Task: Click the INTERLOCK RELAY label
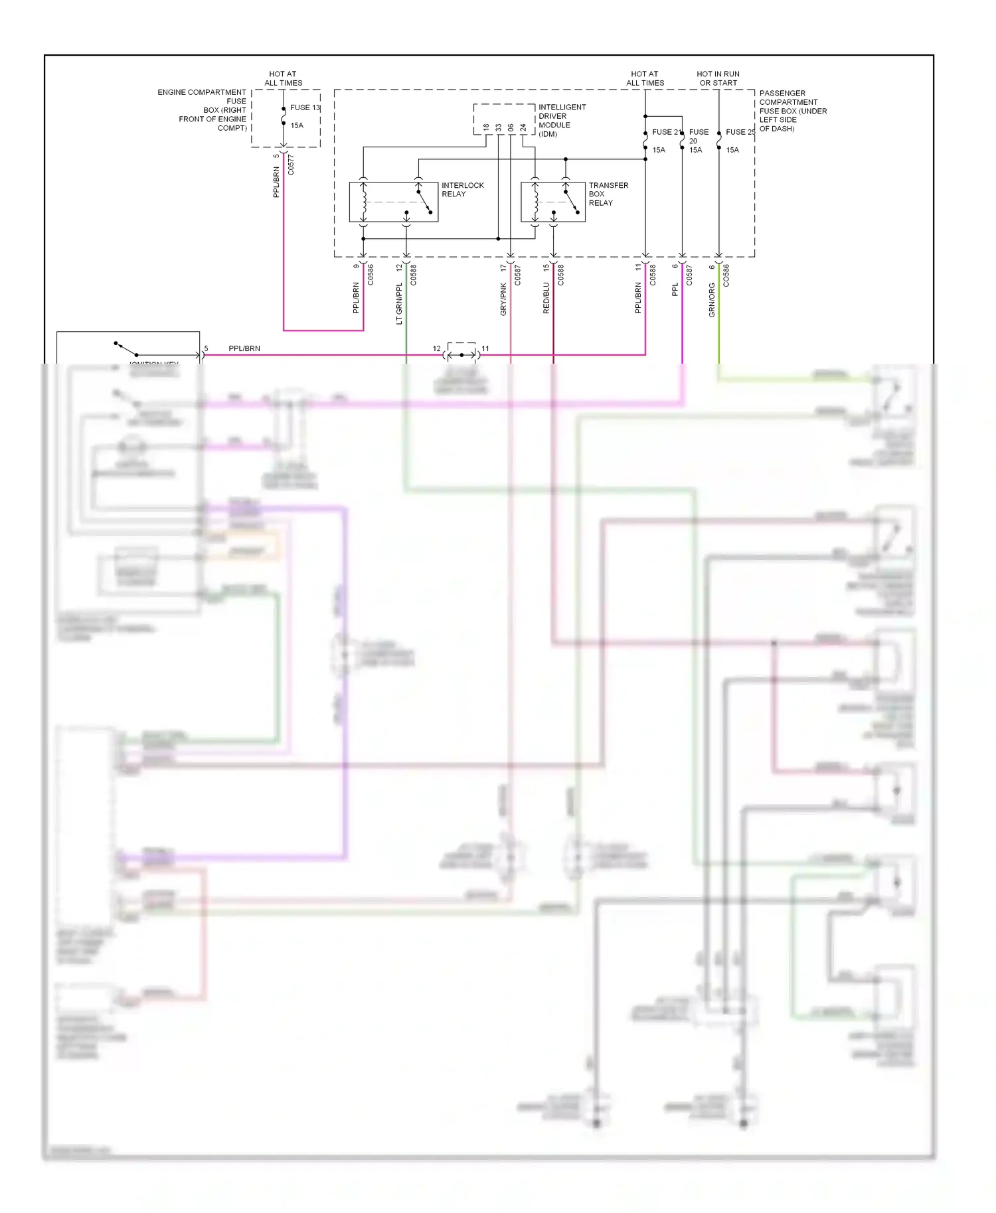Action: coord(462,190)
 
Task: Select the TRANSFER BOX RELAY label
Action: coord(608,194)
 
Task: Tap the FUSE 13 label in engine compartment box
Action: coord(305,107)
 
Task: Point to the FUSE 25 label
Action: coord(740,132)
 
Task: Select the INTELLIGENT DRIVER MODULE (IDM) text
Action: coord(562,120)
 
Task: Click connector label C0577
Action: coord(291,165)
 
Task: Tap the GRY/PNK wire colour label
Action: coord(503,299)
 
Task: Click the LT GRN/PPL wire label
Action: coord(399,303)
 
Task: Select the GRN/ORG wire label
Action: coord(712,300)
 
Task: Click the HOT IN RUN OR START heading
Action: coord(718,78)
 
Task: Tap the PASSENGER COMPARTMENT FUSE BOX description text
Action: coord(792,111)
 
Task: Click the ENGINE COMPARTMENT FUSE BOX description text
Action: coord(203,110)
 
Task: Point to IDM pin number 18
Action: coord(486,127)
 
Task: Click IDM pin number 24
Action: coord(523,127)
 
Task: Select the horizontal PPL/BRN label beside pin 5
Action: coord(244,348)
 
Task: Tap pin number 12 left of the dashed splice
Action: coord(436,348)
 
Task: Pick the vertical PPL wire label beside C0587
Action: coord(675,289)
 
